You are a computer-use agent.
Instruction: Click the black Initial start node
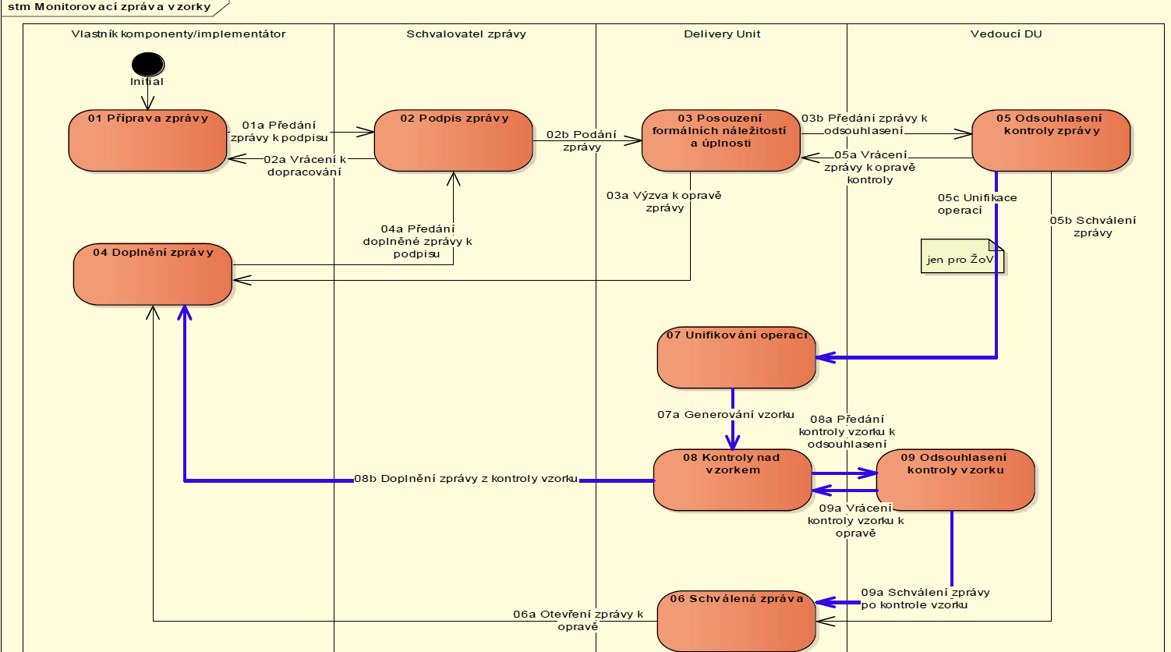point(147,64)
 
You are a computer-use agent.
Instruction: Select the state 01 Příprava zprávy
point(148,141)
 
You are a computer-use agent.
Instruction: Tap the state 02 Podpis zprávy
point(454,141)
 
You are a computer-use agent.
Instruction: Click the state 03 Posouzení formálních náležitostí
point(721,141)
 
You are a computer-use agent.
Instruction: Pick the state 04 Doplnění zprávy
point(153,275)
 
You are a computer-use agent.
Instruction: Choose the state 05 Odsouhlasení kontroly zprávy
point(1051,141)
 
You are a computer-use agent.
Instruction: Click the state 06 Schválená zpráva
point(736,621)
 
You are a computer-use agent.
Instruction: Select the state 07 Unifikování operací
point(736,358)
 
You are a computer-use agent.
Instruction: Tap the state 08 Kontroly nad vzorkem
point(732,480)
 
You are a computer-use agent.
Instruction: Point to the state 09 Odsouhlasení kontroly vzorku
point(955,480)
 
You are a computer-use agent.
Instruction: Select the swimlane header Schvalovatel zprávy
point(465,34)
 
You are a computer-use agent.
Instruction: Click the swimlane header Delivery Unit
point(722,34)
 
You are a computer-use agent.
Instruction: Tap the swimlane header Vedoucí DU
point(1006,34)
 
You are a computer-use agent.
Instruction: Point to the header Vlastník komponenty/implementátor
point(179,34)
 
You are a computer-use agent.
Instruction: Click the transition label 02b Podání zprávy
point(582,140)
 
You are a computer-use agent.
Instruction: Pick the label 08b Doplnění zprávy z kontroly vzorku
point(466,479)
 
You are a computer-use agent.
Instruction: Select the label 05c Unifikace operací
point(976,204)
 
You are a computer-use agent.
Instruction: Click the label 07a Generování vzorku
point(725,415)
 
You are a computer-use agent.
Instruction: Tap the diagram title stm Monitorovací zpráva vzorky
point(109,7)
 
